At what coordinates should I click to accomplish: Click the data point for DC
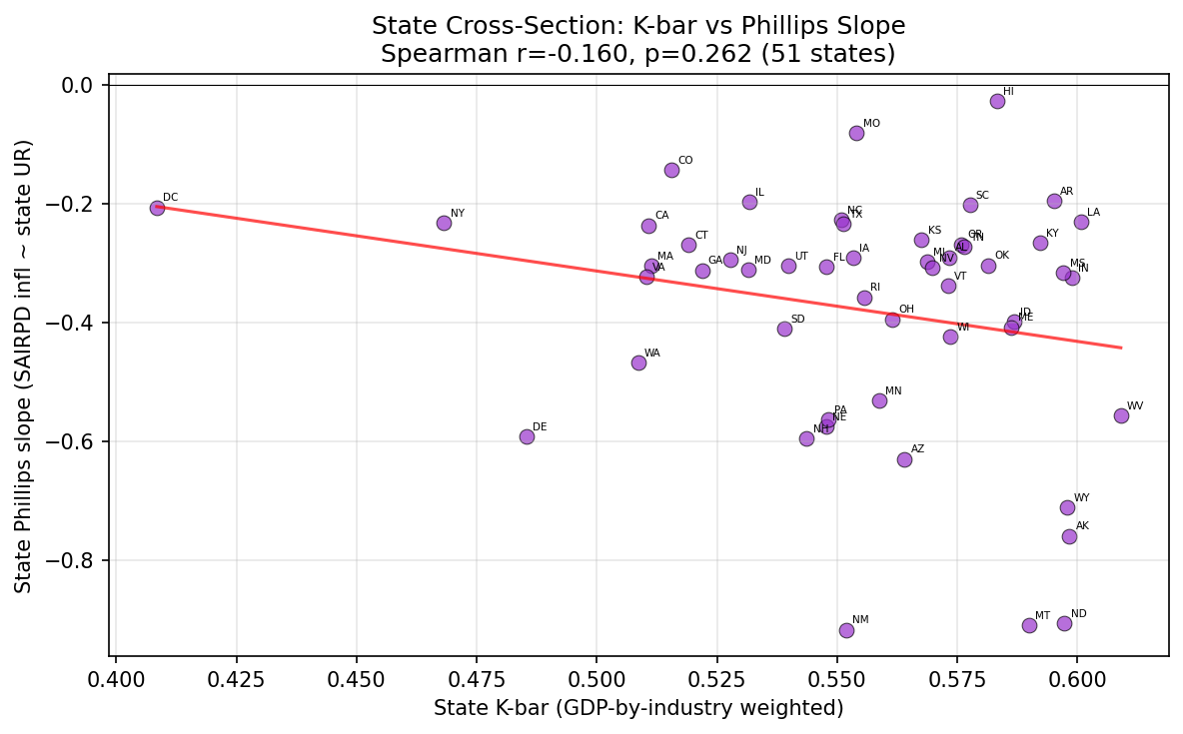[x=157, y=208]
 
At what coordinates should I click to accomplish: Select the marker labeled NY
[x=444, y=223]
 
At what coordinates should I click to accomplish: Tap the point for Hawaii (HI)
[x=997, y=101]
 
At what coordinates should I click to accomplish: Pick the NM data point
[x=846, y=630]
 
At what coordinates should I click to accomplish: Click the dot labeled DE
[x=527, y=436]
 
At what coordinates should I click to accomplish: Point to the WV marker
[x=1121, y=415]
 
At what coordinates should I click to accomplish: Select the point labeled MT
[x=1029, y=625]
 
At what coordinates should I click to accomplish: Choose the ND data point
[x=1064, y=623]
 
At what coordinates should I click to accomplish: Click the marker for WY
[x=1067, y=507]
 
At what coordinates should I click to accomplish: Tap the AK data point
[x=1069, y=536]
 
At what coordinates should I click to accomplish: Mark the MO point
[x=856, y=133]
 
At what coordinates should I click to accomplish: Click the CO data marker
[x=671, y=170]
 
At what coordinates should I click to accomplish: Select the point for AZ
[x=904, y=459]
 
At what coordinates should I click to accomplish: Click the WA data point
[x=638, y=363]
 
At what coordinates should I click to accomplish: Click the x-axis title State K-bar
[x=638, y=708]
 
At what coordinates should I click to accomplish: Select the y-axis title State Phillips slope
[x=24, y=366]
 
